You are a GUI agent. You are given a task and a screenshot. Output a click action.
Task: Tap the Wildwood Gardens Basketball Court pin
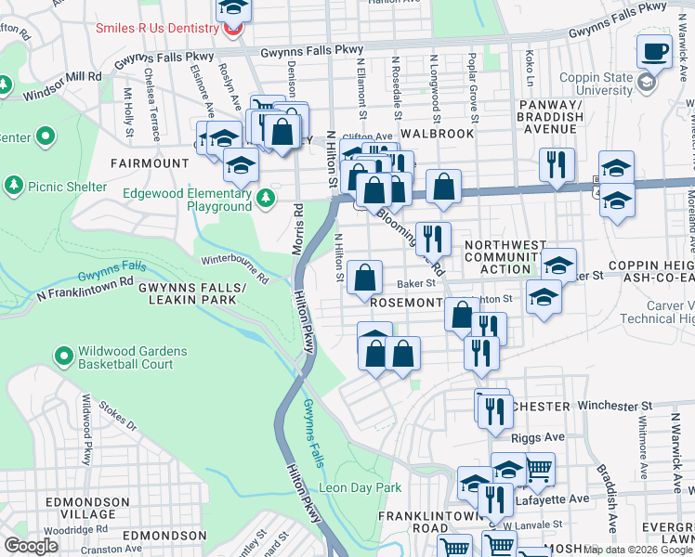pyautogui.click(x=63, y=356)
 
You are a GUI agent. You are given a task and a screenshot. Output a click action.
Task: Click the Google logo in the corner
pyautogui.click(x=31, y=546)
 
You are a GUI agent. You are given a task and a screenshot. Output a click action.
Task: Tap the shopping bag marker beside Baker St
pyautogui.click(x=365, y=277)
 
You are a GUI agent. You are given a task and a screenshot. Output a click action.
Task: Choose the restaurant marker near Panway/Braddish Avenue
pyautogui.click(x=557, y=164)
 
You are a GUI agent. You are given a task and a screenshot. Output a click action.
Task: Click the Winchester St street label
pyautogui.click(x=611, y=406)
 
